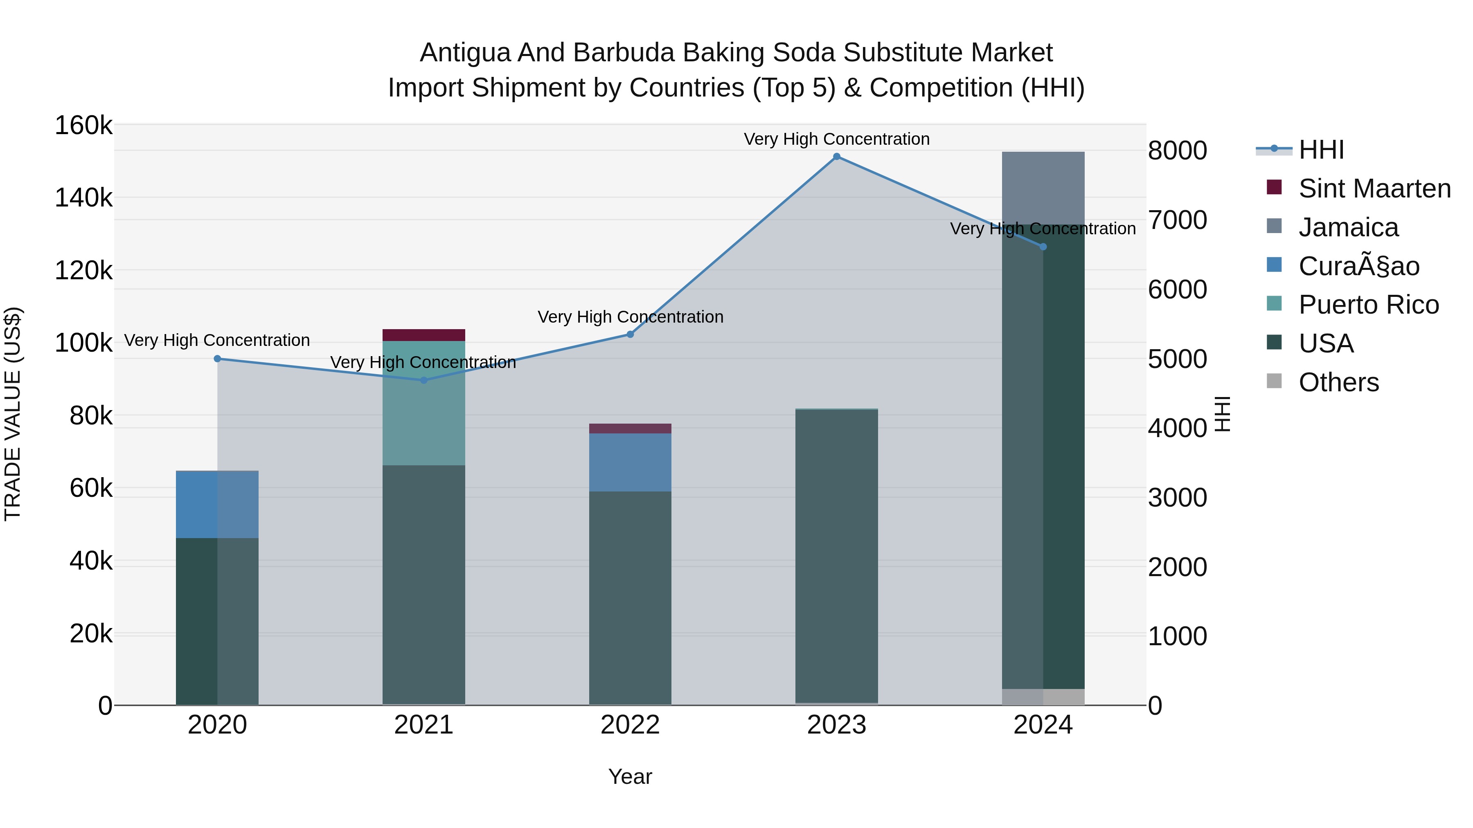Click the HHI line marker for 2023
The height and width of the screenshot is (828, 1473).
click(837, 157)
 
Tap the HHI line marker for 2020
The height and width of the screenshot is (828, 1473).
click(217, 359)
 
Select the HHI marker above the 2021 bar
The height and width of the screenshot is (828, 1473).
click(424, 380)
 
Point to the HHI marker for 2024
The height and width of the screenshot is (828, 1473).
click(1043, 247)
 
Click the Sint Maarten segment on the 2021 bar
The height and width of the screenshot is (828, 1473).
click(424, 335)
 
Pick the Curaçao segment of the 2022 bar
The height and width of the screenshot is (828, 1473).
click(630, 462)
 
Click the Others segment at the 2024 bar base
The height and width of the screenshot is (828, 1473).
click(1043, 697)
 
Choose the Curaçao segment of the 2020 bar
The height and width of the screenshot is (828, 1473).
click(217, 504)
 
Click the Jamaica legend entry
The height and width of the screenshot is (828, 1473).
click(1348, 227)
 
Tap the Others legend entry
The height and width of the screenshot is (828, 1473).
click(1338, 382)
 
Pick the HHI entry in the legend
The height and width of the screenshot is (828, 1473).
click(1321, 150)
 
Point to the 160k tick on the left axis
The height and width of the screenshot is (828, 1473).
click(83, 126)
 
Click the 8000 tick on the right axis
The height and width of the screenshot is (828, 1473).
click(1177, 151)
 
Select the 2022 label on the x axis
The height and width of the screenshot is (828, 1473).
click(630, 725)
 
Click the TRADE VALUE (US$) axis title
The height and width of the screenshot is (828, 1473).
click(13, 414)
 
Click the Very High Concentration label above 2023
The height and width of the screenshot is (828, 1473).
click(837, 139)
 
